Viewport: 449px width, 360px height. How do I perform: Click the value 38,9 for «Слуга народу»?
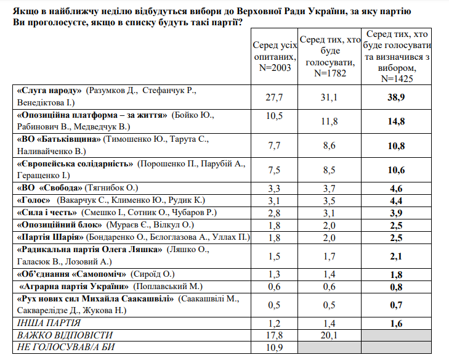coord(397,97)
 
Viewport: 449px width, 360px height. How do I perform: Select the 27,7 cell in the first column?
coord(274,97)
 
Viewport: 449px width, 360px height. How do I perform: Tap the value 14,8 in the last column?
coord(397,121)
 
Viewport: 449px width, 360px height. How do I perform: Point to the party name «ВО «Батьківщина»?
coord(59,139)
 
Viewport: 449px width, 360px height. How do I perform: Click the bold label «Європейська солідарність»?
coord(76,163)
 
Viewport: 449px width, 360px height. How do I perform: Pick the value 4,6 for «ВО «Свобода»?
coord(397,189)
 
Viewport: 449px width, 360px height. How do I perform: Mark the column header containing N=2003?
coord(274,55)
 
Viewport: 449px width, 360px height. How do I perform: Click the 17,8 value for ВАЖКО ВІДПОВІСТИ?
coord(274,335)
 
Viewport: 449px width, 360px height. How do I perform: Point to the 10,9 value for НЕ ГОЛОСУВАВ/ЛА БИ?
coord(274,347)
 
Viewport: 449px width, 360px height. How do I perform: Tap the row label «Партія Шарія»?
coord(51,237)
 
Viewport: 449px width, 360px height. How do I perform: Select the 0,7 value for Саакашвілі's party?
coord(397,305)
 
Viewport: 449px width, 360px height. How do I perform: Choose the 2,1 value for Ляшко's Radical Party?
coord(397,256)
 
